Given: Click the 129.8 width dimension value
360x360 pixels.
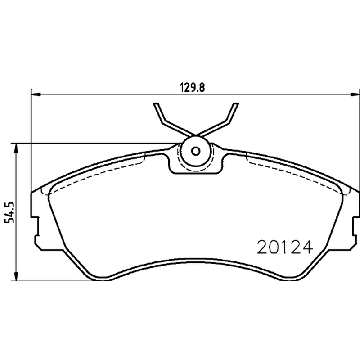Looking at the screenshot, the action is (x=192, y=87).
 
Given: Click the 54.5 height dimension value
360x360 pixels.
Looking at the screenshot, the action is (x=9, y=212).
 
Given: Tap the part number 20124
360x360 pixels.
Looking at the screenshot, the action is (x=285, y=247).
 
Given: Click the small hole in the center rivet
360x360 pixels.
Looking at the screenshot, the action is (x=196, y=151).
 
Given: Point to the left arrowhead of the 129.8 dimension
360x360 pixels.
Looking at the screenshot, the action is (x=36, y=94).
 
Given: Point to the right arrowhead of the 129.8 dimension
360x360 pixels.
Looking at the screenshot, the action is (x=355, y=94).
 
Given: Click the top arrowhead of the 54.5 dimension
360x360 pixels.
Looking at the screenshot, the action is (x=16, y=148).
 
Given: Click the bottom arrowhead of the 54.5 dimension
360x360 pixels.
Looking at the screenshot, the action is (x=16, y=276).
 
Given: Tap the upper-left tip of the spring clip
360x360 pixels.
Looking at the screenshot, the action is (x=156, y=104).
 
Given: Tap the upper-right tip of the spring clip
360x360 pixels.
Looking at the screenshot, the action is (x=236, y=104).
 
